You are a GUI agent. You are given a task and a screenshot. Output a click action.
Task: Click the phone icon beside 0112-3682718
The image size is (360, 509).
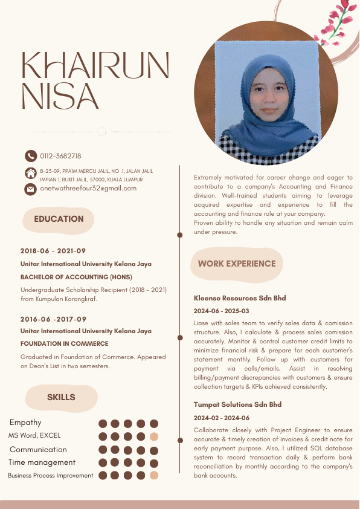tap(30, 156)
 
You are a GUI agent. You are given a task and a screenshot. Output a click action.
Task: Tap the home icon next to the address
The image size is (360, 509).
tap(30, 173)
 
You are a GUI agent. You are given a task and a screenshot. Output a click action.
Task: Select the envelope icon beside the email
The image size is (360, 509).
tap(30, 189)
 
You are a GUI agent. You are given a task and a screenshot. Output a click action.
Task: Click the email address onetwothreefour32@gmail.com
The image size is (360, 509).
tap(88, 189)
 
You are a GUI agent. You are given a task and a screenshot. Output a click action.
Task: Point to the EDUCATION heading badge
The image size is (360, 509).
tap(59, 219)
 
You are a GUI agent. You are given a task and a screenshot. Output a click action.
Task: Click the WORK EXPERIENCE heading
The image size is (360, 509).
tap(237, 264)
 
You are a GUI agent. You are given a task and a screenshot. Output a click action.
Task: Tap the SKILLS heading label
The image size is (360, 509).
tap(61, 397)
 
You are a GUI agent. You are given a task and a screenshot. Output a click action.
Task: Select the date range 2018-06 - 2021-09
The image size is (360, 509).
tap(53, 251)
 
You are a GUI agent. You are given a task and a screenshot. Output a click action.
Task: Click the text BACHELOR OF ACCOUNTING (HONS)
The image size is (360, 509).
tap(76, 277)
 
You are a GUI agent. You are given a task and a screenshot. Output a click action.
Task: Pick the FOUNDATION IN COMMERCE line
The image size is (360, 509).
tap(64, 343)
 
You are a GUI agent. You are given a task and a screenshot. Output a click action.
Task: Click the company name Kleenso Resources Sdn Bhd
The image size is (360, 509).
tap(240, 298)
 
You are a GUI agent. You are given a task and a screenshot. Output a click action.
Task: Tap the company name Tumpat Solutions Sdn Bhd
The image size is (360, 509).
tap(237, 404)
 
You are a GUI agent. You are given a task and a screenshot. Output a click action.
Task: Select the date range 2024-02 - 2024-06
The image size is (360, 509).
tap(221, 418)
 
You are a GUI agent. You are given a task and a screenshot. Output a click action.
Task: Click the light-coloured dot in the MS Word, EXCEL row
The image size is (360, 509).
tap(154, 436)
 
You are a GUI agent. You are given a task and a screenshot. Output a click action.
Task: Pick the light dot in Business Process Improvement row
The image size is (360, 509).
tap(154, 476)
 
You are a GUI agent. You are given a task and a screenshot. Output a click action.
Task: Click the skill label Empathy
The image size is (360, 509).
tap(25, 423)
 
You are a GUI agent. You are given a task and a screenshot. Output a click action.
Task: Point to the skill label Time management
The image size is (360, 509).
tap(42, 462)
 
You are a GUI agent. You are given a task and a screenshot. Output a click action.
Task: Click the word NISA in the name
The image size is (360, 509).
tap(60, 96)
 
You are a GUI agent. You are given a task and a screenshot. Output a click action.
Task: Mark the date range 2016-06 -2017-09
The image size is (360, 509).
tap(53, 319)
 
